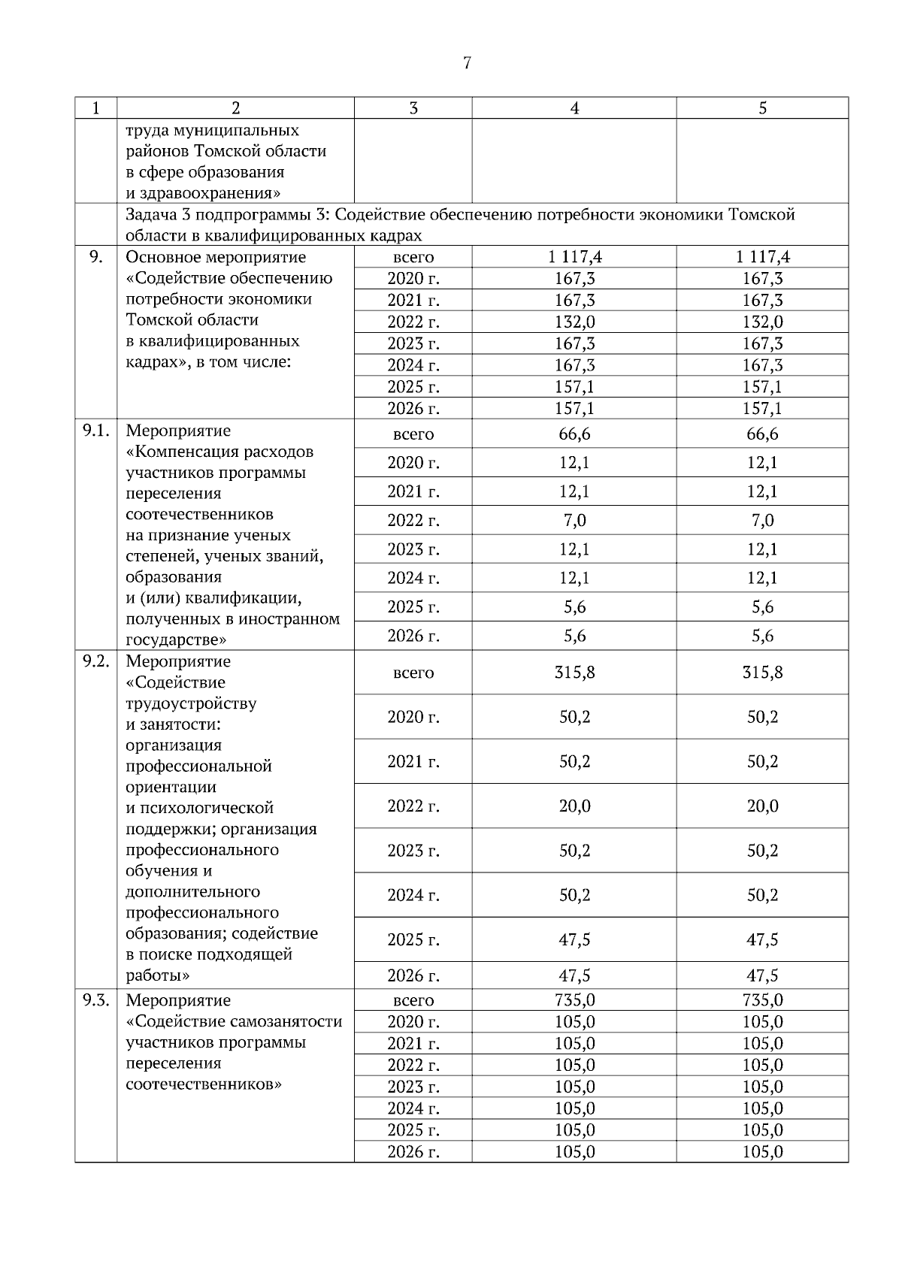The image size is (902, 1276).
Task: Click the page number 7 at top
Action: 467,63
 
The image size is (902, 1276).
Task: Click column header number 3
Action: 413,108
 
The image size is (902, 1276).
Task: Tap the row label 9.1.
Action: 95,431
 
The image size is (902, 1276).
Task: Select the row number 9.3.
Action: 95,1000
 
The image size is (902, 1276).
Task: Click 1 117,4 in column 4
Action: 574,257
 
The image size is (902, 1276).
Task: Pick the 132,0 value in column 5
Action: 762,322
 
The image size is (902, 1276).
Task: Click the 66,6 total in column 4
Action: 574,434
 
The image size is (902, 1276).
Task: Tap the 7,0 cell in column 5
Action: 762,521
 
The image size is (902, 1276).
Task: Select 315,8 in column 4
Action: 574,673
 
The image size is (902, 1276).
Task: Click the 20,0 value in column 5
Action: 762,806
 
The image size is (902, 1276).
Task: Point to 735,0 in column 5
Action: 762,1000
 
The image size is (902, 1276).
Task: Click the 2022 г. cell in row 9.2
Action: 413,806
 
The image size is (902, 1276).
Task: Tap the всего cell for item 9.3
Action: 413,1000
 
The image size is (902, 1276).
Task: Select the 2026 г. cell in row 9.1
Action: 413,636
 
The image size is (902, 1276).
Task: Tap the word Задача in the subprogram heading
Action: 150,215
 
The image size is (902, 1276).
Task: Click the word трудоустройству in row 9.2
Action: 191,704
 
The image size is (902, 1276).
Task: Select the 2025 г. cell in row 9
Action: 413,387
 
